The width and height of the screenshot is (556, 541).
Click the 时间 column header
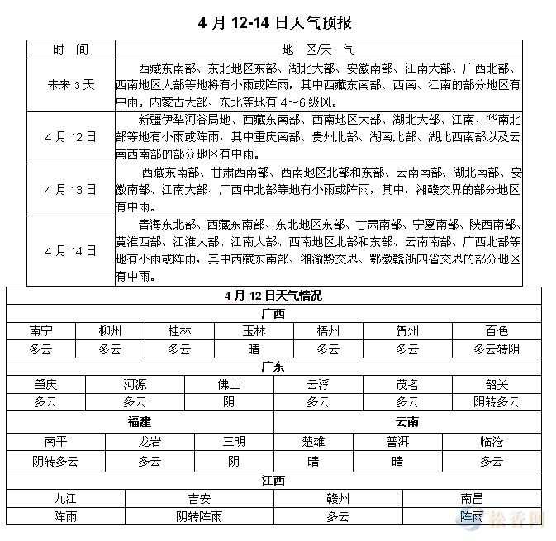(70, 50)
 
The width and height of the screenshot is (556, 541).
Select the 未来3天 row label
(70, 84)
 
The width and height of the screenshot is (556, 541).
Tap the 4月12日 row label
(70, 136)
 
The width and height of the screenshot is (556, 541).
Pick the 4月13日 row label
(70, 189)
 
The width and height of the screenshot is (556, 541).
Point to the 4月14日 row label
(70, 250)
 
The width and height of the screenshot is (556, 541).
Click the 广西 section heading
(272, 314)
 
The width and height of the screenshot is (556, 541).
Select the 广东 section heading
(272, 367)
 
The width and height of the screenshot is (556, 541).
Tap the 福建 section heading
(140, 422)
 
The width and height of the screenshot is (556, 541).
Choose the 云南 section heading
(406, 422)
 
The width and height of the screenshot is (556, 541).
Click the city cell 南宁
(40, 331)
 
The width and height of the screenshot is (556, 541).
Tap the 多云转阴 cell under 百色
(496, 349)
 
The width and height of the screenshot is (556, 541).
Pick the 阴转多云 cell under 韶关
(496, 402)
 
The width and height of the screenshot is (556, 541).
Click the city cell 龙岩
(150, 442)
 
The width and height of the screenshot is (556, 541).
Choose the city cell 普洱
(397, 442)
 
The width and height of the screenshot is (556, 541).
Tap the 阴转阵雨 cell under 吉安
(198, 517)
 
